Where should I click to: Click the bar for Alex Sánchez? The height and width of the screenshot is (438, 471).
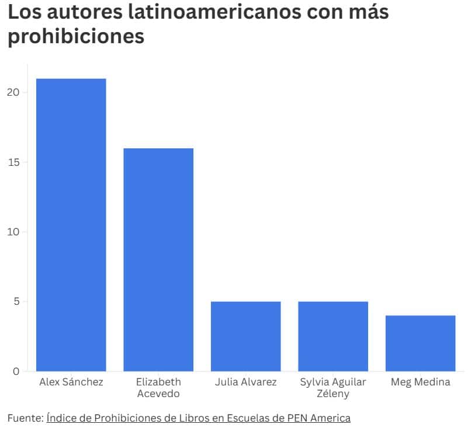coord(71,225)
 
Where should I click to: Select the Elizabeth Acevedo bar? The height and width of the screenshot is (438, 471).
coord(158,260)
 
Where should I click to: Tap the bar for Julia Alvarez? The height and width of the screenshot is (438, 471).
coord(245,336)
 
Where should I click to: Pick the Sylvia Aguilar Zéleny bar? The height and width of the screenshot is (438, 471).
coord(333,336)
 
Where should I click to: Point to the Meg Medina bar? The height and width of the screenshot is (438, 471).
coord(420,343)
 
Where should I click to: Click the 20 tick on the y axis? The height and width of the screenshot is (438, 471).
coord(14,92)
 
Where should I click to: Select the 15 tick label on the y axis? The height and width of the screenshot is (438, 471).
coord(14,162)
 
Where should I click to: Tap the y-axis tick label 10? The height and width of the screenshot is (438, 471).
coord(14,232)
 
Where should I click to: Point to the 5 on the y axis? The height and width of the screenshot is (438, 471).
coord(17,301)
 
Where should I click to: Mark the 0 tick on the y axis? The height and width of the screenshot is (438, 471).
coord(17,371)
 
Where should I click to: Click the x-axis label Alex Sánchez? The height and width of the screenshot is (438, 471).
coord(71,383)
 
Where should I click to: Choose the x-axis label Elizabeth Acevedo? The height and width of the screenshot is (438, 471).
coord(158,388)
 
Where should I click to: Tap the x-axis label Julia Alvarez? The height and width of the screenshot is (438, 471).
coord(245,383)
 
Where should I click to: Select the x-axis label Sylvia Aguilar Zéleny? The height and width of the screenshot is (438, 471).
coord(333,388)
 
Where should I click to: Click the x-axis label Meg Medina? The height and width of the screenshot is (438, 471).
coord(420,383)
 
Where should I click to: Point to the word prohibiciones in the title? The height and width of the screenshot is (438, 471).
coord(76,37)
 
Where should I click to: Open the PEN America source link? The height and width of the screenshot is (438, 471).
coord(199,418)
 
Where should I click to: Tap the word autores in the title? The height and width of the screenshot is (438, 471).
coord(86,12)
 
